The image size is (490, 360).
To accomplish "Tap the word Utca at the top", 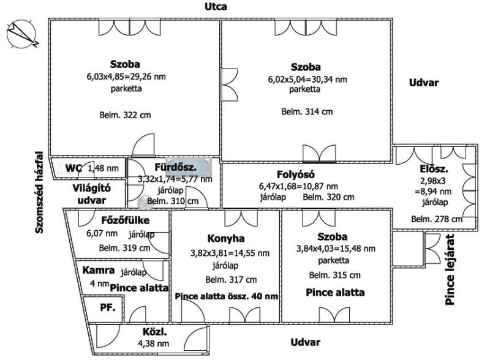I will pyautogui.click(x=216, y=7).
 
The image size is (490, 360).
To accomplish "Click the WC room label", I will pyautogui.click(x=74, y=168).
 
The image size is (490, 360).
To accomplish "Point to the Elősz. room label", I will pyautogui.click(x=434, y=168).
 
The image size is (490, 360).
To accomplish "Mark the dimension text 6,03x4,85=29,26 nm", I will pyautogui.click(x=126, y=77).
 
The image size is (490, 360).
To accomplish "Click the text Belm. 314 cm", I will pyautogui.click(x=307, y=111).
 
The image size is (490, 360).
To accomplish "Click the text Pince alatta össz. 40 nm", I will pyautogui.click(x=226, y=296).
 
